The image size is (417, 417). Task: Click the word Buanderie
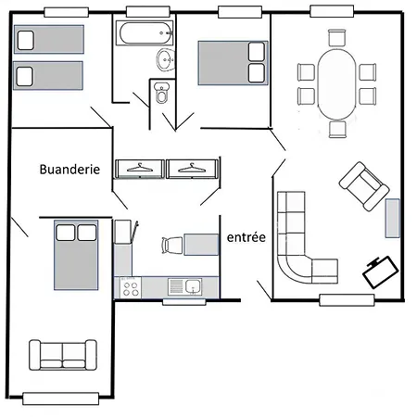tap(69, 170)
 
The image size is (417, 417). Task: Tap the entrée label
tap(246, 237)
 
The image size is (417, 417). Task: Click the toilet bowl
tap(161, 93)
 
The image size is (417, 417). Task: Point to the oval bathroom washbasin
tap(165, 59)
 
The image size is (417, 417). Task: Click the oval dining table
tap(336, 84)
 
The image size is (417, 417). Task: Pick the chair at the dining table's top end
tap(336, 38)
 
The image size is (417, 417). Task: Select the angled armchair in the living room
tap(364, 186)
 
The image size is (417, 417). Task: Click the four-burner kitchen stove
tap(131, 288)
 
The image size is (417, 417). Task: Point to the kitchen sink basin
tap(194, 286)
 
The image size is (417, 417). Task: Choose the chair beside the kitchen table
tap(172, 246)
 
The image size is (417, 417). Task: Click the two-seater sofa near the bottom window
tap(63, 355)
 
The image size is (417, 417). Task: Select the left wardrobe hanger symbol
tap(140, 168)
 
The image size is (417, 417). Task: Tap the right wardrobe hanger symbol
tap(192, 168)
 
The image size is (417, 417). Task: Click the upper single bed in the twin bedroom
tap(49, 40)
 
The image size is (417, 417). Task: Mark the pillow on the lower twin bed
tap(25, 76)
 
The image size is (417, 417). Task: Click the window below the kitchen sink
tap(184, 302)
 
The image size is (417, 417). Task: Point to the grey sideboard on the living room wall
tap(392, 219)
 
